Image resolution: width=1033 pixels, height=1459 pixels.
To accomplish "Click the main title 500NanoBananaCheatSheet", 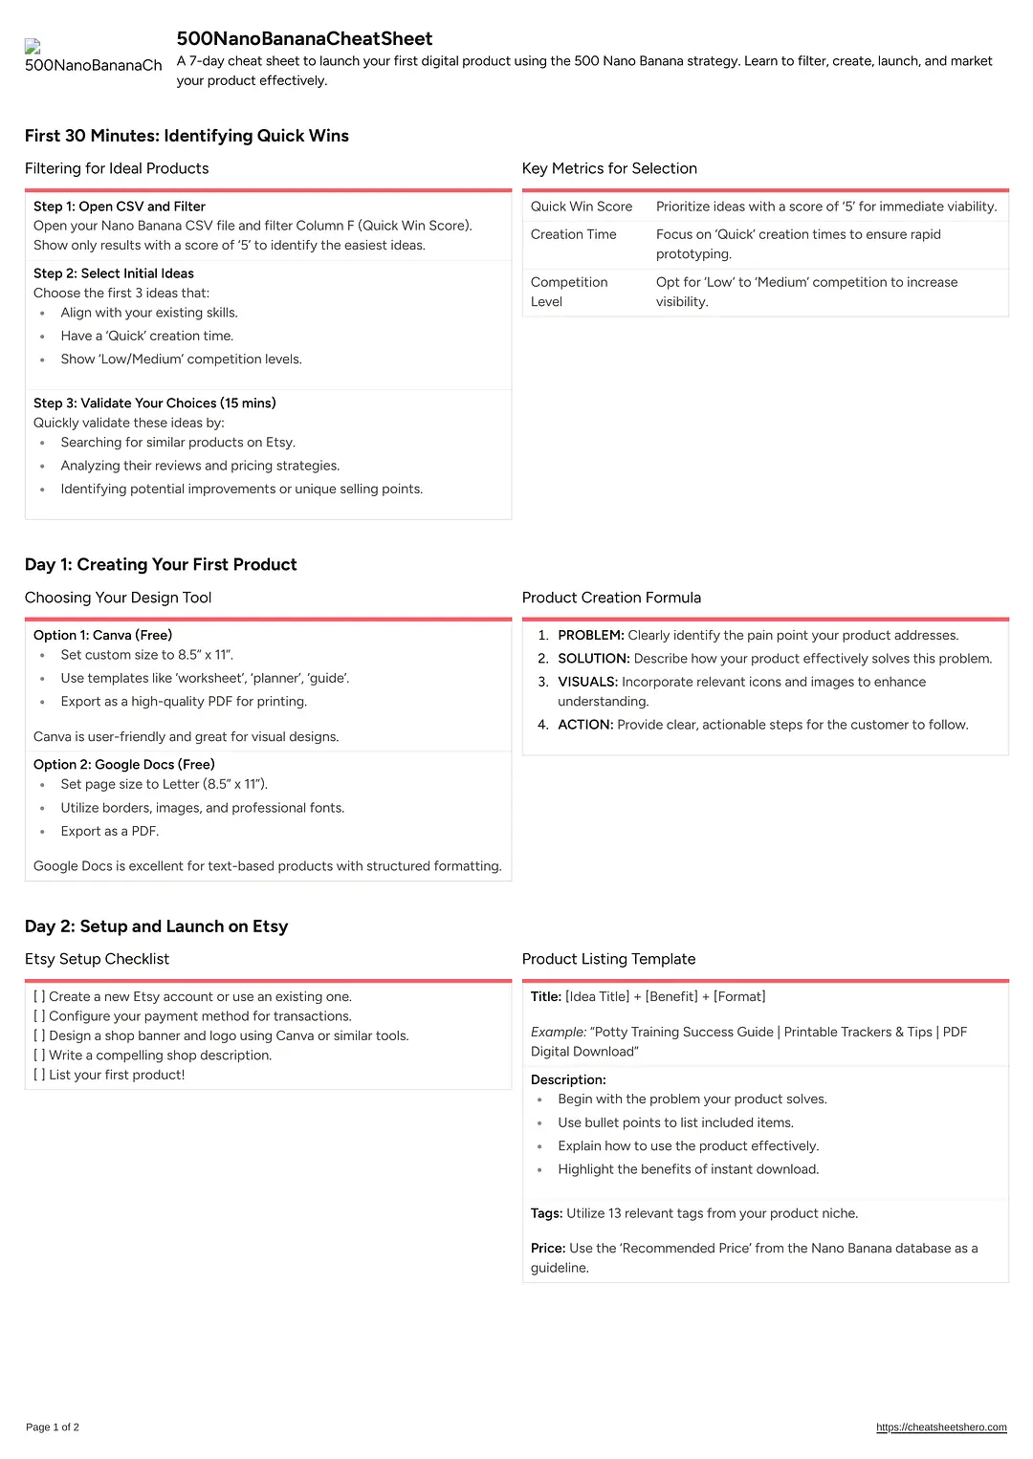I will coord(304,39).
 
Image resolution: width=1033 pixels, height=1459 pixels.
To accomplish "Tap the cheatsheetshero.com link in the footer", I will coord(941,1427).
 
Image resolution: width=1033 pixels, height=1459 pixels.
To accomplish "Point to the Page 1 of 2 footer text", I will coord(53,1427).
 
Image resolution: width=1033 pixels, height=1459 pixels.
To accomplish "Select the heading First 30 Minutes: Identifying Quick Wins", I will coord(187,136).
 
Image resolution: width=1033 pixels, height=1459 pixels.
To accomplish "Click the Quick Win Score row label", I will coord(582,207).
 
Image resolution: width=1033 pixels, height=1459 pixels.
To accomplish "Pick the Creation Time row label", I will coord(574,234).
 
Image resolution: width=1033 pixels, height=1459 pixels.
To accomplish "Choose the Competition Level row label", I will coord(569,292).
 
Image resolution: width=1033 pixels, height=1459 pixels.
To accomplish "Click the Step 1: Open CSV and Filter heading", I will coord(120,207).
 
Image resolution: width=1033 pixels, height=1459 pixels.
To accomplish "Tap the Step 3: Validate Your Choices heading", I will coord(155,403).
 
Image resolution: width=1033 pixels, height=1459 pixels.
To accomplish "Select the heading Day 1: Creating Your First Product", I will coord(161,565).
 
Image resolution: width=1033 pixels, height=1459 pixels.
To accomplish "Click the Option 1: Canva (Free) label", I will coord(103,635).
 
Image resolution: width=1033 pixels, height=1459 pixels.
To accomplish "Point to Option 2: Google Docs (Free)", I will coord(124,765).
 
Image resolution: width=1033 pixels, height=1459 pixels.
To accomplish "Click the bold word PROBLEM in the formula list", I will coord(591,636).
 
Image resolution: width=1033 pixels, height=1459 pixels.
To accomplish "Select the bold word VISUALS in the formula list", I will coord(588,683).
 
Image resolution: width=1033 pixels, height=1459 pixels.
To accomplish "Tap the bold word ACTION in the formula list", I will coord(585,725).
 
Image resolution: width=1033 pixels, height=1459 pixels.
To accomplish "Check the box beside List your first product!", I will coord(39,1075).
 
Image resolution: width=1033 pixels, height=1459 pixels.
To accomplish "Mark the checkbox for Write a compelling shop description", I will coord(39,1056).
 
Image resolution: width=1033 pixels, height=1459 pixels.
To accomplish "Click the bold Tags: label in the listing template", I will coord(547,1213).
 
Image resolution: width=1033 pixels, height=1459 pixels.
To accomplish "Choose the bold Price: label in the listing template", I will coord(548,1249).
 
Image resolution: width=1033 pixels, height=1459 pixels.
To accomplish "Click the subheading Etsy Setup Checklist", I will coord(97,959).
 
